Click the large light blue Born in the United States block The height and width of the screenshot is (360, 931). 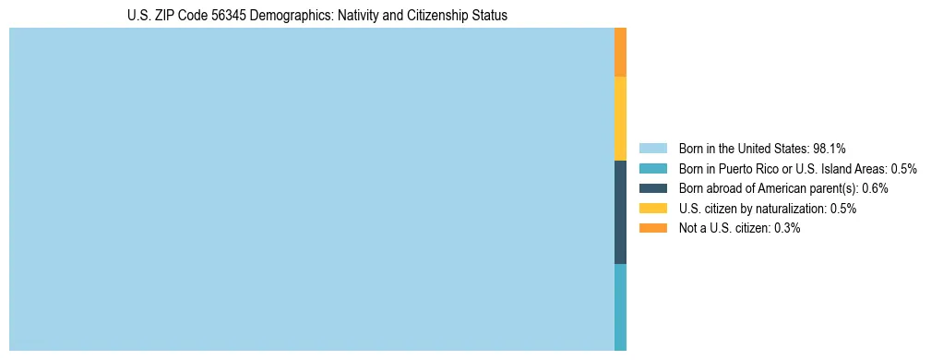click(311, 189)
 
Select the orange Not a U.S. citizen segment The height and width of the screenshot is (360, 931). click(620, 52)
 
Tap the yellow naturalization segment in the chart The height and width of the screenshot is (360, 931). click(620, 118)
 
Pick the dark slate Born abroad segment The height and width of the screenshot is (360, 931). click(620, 212)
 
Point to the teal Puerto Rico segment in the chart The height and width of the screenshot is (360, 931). click(620, 307)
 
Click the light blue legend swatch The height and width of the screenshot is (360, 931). click(652, 148)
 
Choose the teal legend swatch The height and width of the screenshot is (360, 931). click(652, 168)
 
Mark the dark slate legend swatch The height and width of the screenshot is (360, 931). click(652, 188)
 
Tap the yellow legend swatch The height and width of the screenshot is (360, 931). click(652, 209)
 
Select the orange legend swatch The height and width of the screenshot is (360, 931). click(652, 229)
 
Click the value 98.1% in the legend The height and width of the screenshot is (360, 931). click(830, 148)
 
